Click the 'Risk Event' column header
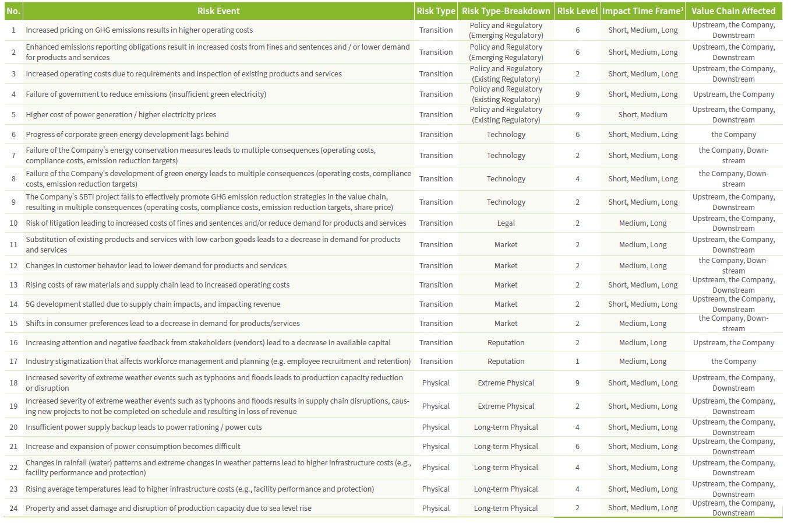(x=218, y=11)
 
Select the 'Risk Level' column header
(x=577, y=11)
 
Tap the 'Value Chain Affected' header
(x=733, y=11)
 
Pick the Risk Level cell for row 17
(x=577, y=362)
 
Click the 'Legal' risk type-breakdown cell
(x=506, y=223)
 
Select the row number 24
(x=13, y=509)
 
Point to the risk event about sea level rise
(x=168, y=509)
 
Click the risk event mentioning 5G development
(x=153, y=304)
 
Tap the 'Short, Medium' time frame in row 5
(x=642, y=115)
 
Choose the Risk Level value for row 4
(x=577, y=94)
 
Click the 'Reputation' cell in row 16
(x=506, y=343)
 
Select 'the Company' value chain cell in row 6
(x=733, y=135)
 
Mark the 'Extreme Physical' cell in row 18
(x=506, y=383)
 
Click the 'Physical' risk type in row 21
(x=436, y=447)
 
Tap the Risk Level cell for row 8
(x=577, y=179)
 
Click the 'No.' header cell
(x=13, y=11)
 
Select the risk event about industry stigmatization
(x=218, y=362)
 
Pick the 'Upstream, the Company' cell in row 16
(x=733, y=343)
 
